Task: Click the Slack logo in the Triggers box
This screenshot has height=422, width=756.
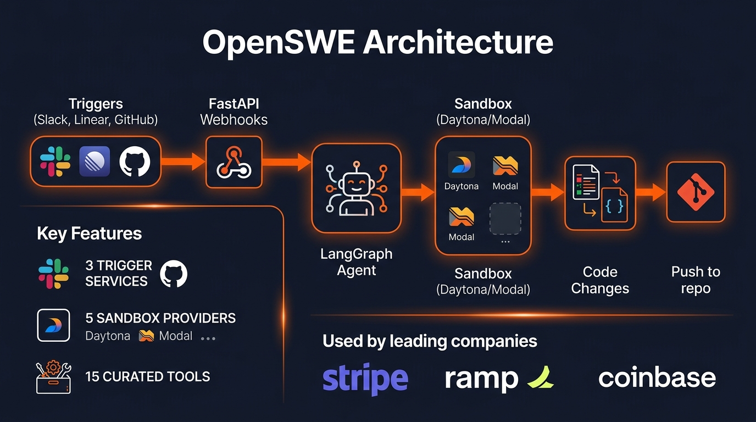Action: [x=55, y=162]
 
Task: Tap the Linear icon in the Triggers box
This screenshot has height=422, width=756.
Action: [x=94, y=162]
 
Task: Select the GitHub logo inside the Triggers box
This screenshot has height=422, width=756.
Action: [x=135, y=162]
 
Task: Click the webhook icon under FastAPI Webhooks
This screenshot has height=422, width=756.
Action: [x=234, y=162]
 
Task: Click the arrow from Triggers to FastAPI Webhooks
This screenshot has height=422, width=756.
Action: [x=184, y=162]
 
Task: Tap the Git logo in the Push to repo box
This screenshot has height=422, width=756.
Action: [x=696, y=192]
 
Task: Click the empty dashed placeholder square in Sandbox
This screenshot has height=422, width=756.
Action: [x=505, y=219]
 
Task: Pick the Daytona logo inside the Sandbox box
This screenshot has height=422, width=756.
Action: [x=462, y=165]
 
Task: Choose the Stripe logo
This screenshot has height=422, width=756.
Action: [x=365, y=378]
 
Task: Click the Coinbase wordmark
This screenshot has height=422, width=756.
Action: [x=657, y=378]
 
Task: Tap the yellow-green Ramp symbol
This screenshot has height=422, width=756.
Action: [x=540, y=377]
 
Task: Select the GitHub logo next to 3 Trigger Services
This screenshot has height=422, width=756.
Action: [x=174, y=274]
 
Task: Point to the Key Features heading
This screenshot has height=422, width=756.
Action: [x=89, y=234]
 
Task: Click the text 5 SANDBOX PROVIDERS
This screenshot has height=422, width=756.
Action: [x=160, y=318]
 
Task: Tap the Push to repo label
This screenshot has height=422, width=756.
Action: [x=696, y=280]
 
